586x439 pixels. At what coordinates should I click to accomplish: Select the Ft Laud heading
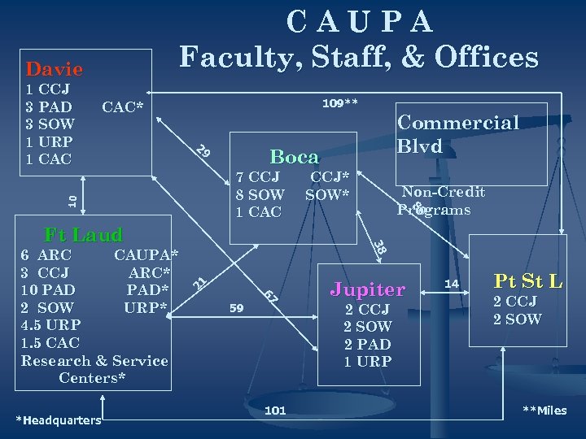click(x=83, y=235)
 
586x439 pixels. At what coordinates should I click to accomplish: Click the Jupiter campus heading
click(x=367, y=289)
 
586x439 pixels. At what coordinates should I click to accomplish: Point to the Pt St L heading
click(x=528, y=282)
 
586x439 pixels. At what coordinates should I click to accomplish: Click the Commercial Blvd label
click(x=457, y=134)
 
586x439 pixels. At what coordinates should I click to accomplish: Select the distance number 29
click(x=204, y=151)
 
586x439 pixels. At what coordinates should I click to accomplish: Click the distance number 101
click(x=275, y=411)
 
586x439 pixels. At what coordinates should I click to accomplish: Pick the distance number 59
click(x=237, y=308)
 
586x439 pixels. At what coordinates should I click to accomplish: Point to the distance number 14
click(x=453, y=284)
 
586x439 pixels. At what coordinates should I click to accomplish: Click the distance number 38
click(x=378, y=245)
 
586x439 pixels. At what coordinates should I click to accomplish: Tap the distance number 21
click(x=199, y=282)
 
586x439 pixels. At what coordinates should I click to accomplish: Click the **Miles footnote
click(x=544, y=411)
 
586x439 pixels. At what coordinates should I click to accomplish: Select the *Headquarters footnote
click(x=59, y=419)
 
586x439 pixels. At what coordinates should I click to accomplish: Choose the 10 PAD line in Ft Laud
click(x=48, y=289)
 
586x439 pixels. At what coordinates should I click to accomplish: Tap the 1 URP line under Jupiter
click(x=367, y=361)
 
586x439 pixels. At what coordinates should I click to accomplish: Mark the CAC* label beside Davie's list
click(x=122, y=106)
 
